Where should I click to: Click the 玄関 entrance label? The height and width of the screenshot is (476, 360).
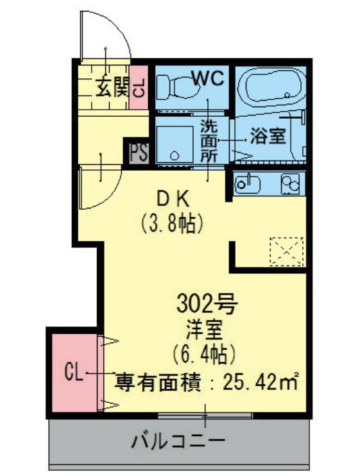tap(112, 87)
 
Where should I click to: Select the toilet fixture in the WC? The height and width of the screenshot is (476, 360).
tap(175, 86)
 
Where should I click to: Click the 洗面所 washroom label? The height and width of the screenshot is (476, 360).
tap(209, 139)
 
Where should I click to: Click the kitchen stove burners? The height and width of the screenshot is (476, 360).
tap(289, 184)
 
